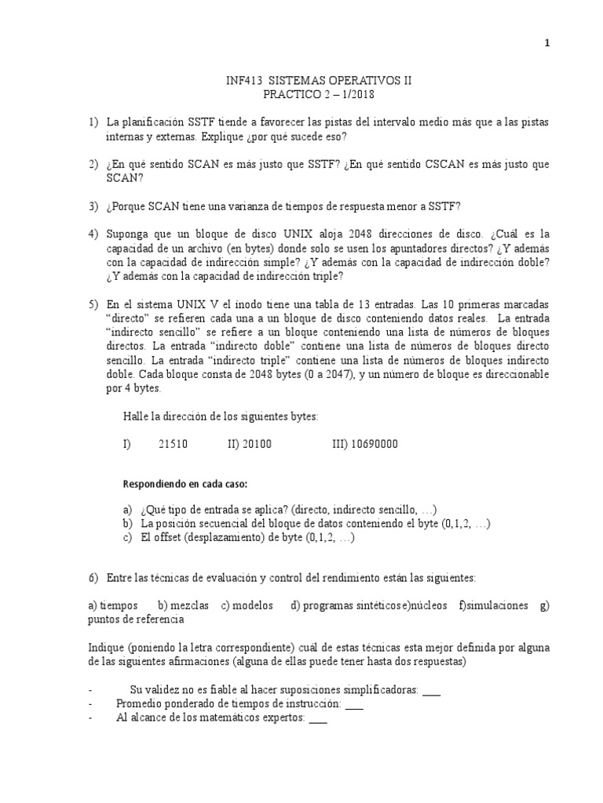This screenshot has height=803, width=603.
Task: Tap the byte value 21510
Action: (x=173, y=444)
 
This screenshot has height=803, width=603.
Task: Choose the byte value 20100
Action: (x=256, y=444)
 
